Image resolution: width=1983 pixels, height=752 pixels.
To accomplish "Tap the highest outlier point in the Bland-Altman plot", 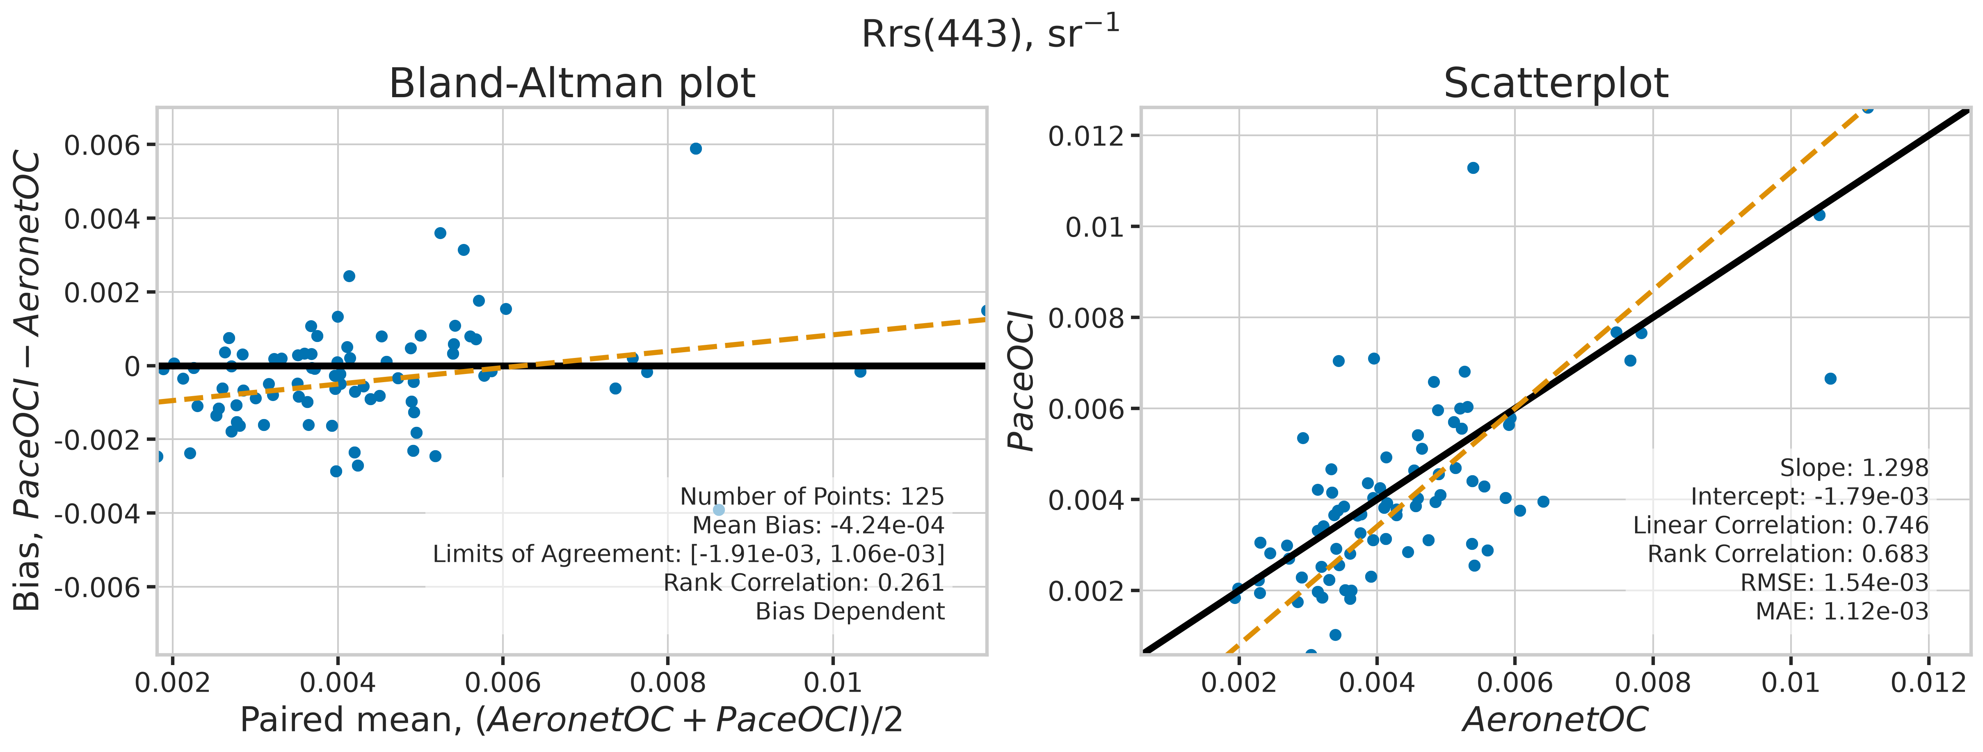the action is pos(696,148).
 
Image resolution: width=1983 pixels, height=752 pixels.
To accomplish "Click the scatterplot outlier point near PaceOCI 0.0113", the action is pos(1473,168).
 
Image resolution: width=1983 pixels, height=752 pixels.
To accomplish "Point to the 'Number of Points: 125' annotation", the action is pos(812,497).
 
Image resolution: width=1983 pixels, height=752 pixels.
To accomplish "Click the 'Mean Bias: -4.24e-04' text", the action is pos(818,525).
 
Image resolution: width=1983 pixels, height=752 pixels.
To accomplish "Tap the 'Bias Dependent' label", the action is pos(850,611).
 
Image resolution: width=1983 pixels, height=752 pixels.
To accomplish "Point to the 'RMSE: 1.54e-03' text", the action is pos(1835,583).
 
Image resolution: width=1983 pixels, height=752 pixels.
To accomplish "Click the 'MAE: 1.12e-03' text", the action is pos(1842,611).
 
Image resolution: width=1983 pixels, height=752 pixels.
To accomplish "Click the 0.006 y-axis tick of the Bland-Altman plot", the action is pos(103,145).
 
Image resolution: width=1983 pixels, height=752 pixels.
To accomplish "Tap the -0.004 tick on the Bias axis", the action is pos(97,513).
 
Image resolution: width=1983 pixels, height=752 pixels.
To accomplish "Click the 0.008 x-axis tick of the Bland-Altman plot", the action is pos(667,682).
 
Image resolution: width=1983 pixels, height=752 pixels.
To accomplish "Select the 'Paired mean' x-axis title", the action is pos(571,720).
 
